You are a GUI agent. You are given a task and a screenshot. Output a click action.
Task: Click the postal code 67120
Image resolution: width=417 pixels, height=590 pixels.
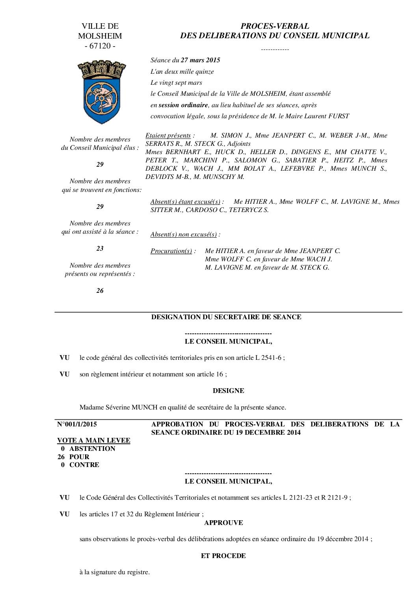(100, 46)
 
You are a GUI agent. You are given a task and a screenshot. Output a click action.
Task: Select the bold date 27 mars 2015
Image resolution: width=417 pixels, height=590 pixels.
(200, 60)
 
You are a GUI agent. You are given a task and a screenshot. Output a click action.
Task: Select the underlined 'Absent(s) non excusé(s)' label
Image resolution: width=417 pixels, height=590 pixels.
(184, 235)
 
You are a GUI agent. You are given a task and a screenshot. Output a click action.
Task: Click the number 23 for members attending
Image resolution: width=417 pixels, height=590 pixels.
(100, 248)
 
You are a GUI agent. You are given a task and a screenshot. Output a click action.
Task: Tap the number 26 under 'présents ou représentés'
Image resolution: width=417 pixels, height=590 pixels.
(100, 291)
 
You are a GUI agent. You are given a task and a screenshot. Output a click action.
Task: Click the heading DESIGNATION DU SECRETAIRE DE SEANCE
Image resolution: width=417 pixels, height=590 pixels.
(226, 317)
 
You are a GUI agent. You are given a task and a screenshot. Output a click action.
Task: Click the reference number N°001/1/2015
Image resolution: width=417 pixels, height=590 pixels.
(77, 424)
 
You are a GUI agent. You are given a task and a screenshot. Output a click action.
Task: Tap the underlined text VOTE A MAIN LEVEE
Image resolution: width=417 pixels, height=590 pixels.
(94, 441)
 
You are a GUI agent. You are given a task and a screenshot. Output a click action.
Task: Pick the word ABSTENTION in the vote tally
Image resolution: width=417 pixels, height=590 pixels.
(92, 449)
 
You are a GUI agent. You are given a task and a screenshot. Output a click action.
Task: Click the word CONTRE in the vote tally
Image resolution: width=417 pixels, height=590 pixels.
(84, 465)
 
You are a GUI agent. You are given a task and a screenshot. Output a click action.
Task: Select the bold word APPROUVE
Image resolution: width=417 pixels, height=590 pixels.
(223, 523)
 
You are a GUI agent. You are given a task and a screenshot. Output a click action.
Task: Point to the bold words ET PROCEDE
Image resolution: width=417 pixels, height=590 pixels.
(223, 556)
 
